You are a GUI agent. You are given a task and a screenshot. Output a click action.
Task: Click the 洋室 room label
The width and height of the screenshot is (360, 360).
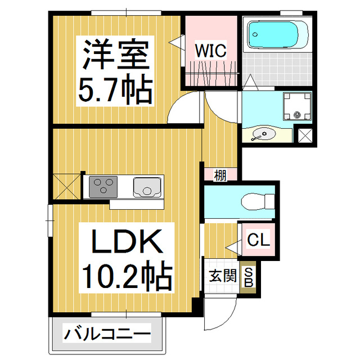click(116, 55)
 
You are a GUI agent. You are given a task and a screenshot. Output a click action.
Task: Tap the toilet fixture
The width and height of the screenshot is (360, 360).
click(258, 201)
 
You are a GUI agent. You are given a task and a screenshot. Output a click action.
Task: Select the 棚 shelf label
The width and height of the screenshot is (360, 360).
click(220, 175)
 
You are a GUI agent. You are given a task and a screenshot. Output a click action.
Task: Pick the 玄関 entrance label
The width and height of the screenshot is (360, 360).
click(221, 277)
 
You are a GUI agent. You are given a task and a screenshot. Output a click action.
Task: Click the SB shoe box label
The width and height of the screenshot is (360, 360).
click(248, 277)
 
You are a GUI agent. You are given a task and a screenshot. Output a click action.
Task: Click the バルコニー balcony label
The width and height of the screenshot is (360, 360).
click(107, 335)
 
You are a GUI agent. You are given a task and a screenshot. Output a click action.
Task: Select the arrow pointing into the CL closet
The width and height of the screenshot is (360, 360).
click(231, 246)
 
